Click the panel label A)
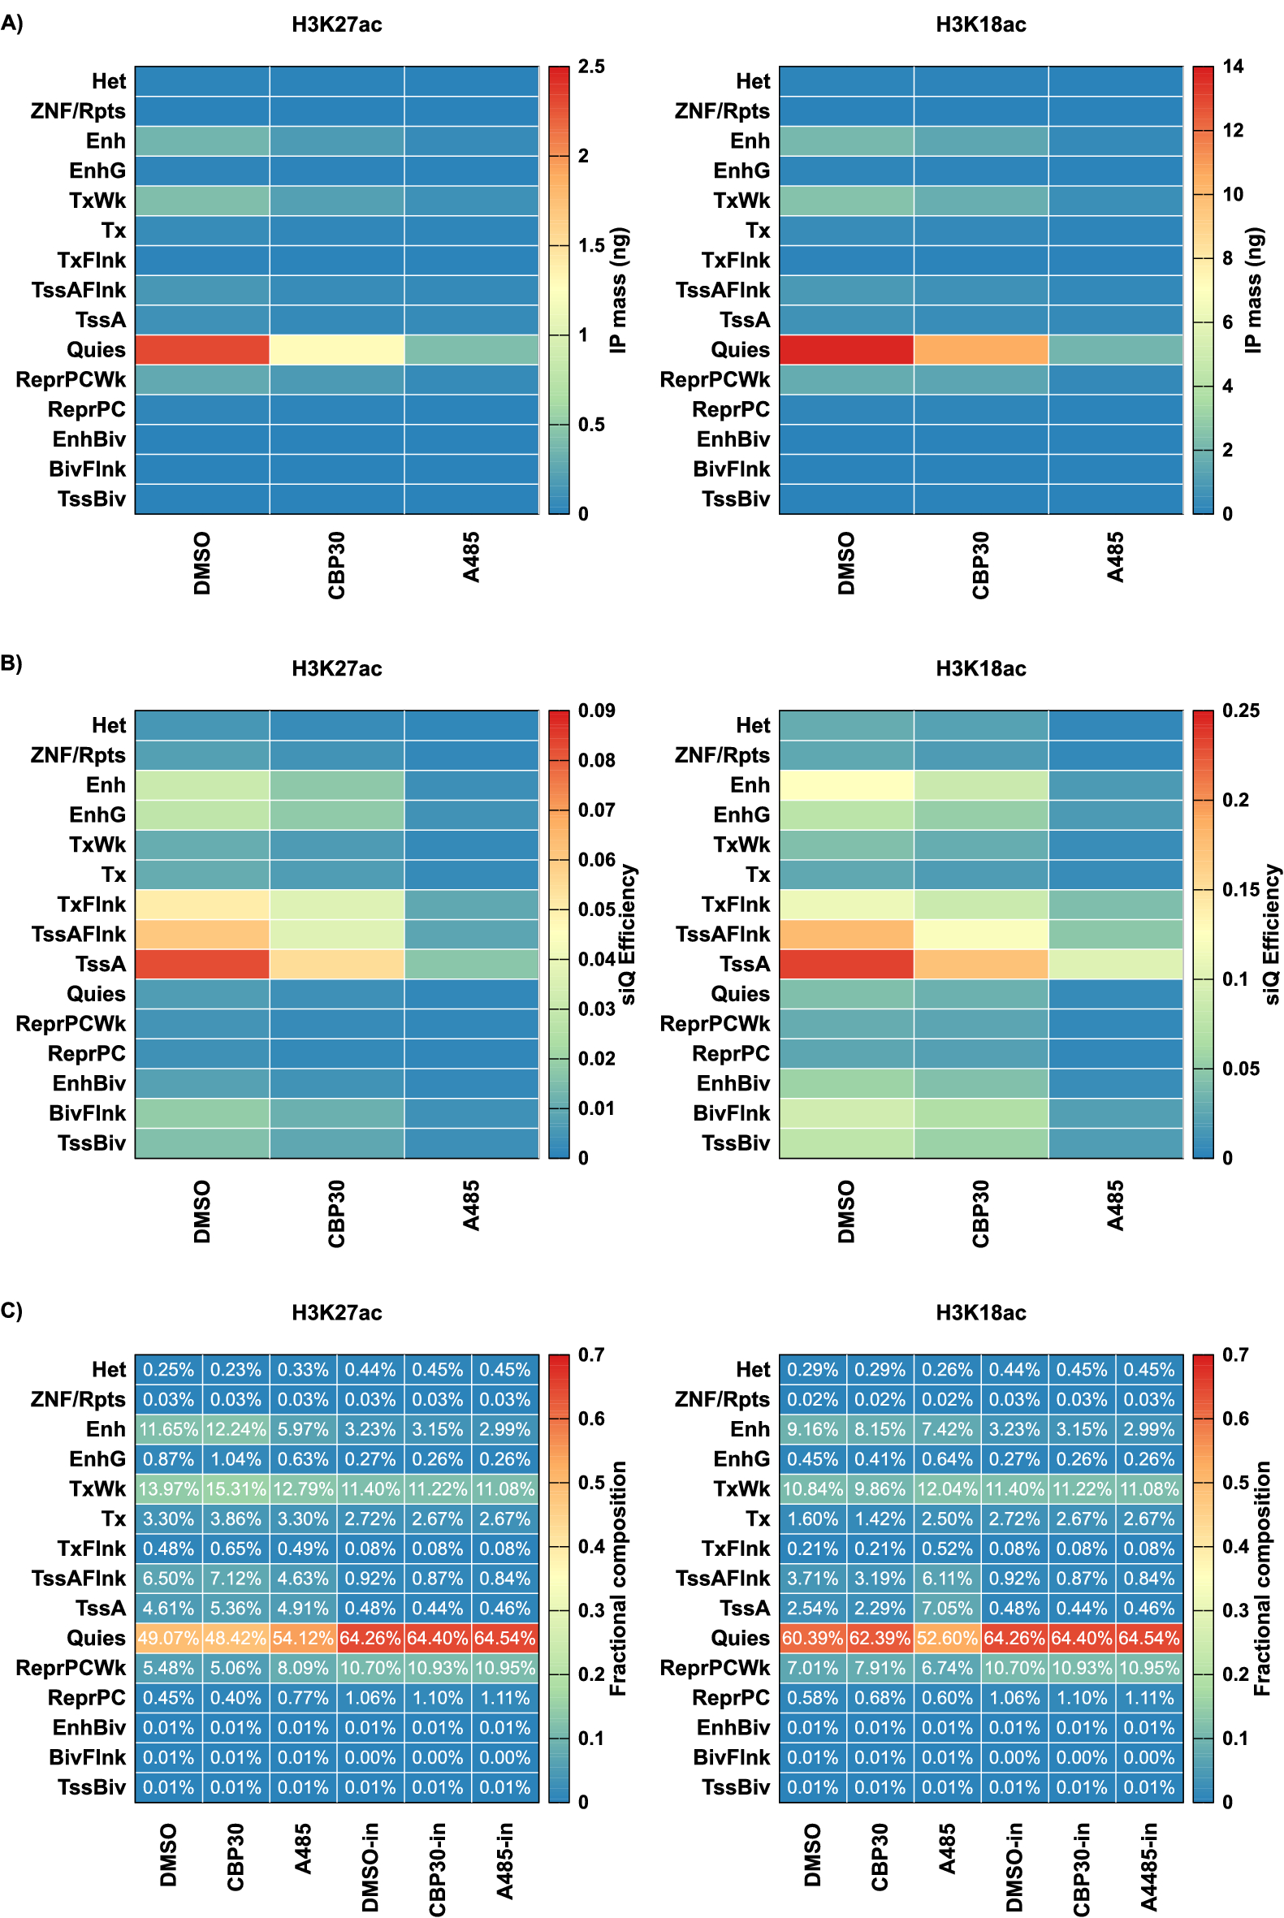11,23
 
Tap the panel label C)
11,1311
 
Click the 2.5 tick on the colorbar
591,67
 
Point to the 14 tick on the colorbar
1232,67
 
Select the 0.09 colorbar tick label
596,711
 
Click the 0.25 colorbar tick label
1241,711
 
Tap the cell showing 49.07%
168,1638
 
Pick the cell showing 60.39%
812,1638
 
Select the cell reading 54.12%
303,1638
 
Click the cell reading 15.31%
236,1489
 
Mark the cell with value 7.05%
948,1609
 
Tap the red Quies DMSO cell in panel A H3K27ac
202,349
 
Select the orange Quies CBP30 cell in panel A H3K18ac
981,349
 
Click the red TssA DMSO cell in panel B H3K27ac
202,965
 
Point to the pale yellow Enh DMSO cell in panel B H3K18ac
846,785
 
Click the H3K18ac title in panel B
980,669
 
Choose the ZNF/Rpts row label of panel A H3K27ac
78,111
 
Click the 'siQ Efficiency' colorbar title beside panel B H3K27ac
627,934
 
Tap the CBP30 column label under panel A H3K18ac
980,565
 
